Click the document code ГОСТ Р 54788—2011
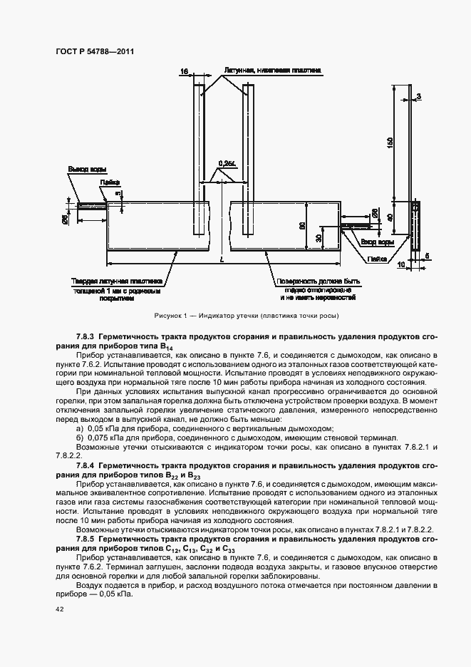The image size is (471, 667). [x=95, y=51]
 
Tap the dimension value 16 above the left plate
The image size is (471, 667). [x=184, y=71]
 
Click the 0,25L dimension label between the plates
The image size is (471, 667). [x=228, y=163]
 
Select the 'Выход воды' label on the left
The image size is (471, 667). [x=87, y=170]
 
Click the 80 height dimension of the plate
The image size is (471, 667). [x=304, y=225]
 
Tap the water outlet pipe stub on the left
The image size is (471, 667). [x=91, y=207]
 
